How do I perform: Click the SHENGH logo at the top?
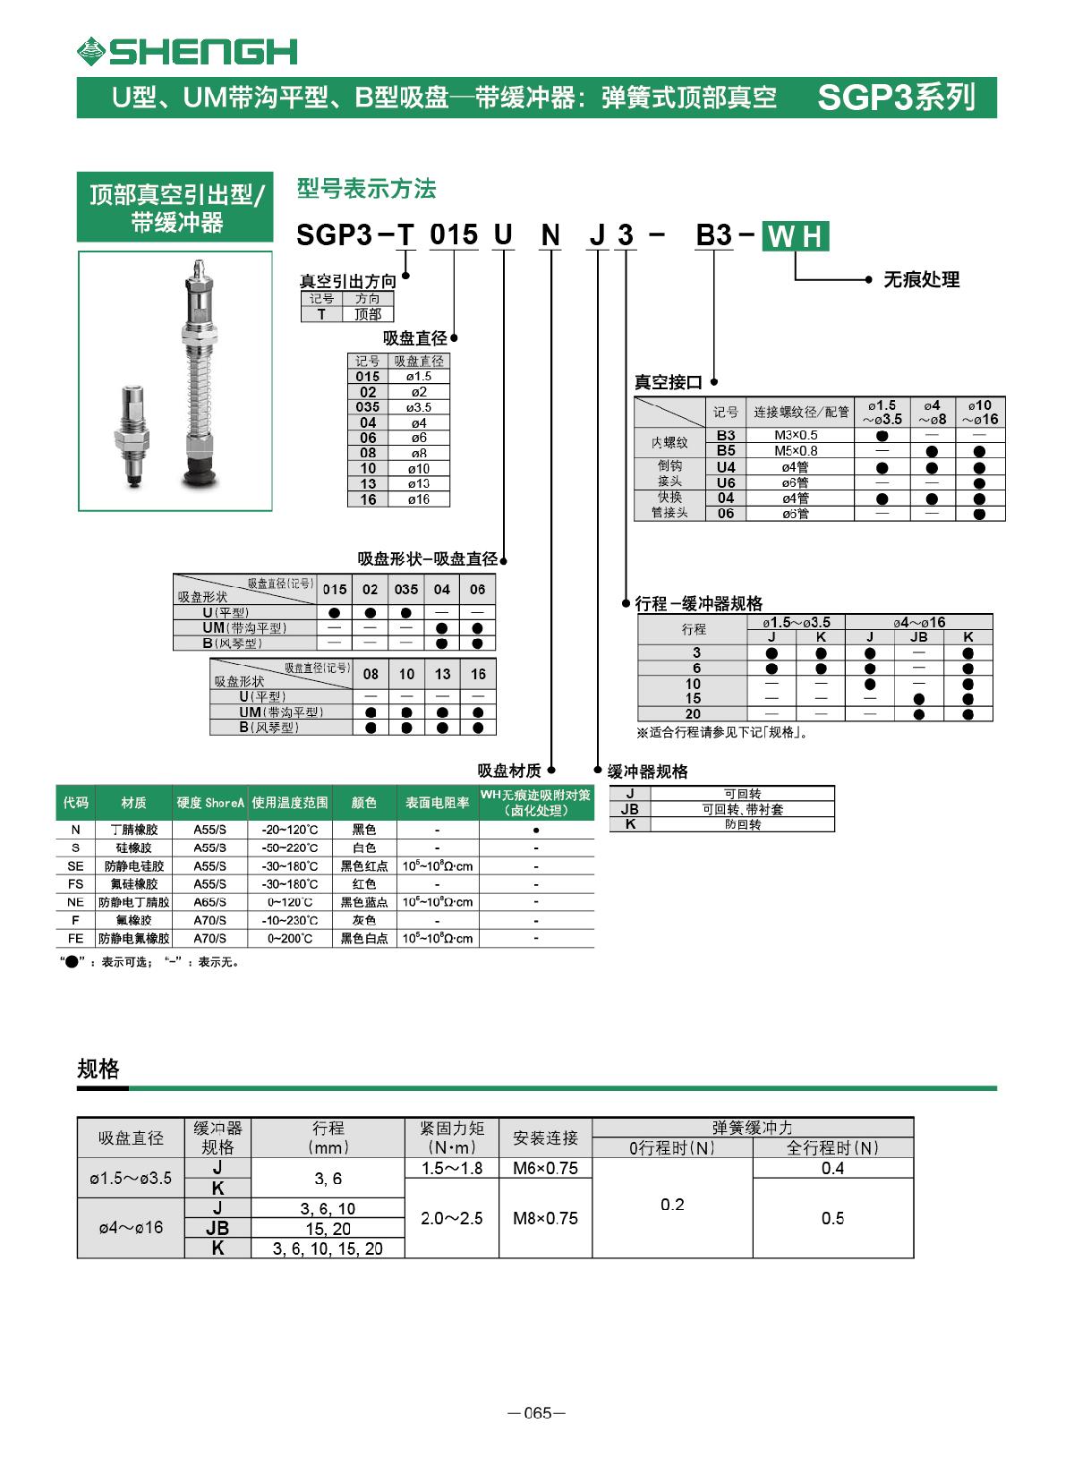pos(187,52)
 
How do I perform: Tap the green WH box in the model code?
pos(796,236)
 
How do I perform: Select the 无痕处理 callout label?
pos(921,280)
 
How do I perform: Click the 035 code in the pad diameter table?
pos(368,407)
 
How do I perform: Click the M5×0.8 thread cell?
pos(796,451)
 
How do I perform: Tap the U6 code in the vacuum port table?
pos(726,482)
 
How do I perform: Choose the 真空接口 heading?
pos(669,383)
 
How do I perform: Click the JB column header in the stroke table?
pos(918,637)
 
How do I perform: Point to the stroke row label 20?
pos(694,714)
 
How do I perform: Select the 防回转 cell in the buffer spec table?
pos(743,824)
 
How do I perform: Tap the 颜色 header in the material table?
pos(364,803)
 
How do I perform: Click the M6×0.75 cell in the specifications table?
pos(545,1168)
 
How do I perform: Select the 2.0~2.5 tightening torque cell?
pos(452,1218)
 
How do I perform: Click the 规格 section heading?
pos(98,1069)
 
